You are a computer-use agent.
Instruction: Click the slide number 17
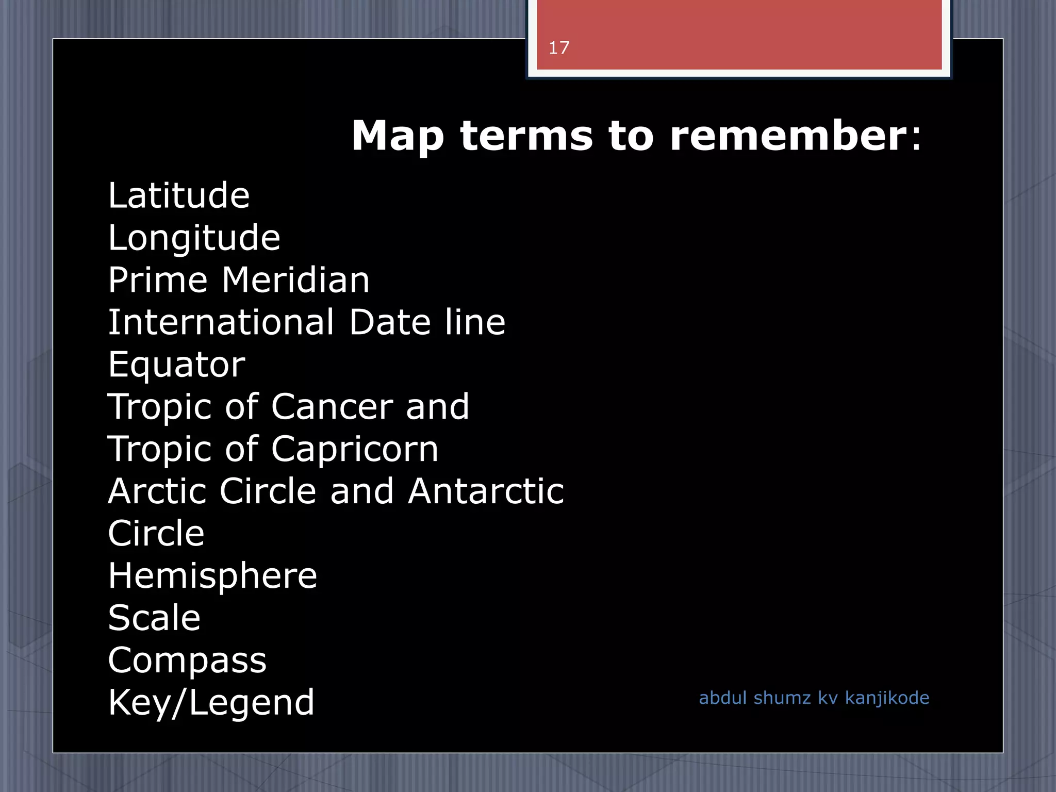coord(558,48)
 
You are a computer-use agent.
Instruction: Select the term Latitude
coord(178,195)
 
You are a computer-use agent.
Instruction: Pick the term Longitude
coord(194,239)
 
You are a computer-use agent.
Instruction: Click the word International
coord(221,322)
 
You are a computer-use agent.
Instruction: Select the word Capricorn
coord(354,449)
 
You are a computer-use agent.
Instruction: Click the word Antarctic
coord(486,491)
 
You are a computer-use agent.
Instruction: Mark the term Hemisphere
coord(212,576)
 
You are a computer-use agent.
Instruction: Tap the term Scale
coord(154,618)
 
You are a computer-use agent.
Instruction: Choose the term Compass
coord(187,661)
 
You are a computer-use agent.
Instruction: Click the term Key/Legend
coord(211,703)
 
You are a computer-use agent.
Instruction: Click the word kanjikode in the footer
coord(887,698)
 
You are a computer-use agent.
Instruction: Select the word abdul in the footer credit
coord(722,698)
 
